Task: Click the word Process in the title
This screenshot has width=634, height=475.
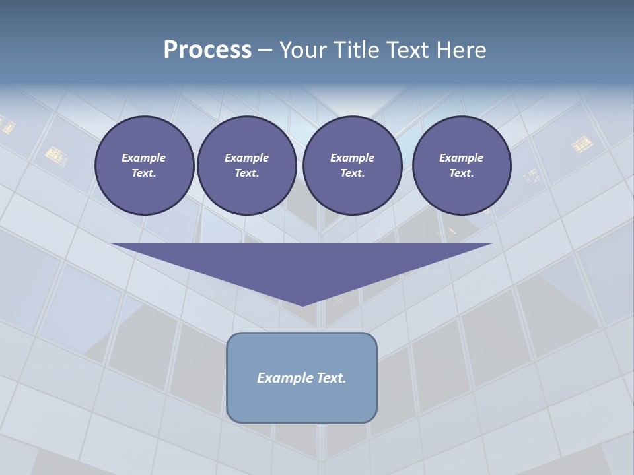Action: pyautogui.click(x=207, y=50)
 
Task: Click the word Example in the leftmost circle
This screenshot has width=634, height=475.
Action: pyautogui.click(x=144, y=158)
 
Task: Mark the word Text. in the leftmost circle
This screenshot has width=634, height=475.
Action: pyautogui.click(x=144, y=174)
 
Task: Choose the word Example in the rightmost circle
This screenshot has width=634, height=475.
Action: pyautogui.click(x=461, y=158)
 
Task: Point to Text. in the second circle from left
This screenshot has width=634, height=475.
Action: pyautogui.click(x=246, y=174)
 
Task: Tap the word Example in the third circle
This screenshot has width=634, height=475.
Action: pyautogui.click(x=352, y=158)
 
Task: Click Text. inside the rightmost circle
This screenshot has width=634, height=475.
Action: pyautogui.click(x=461, y=174)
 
